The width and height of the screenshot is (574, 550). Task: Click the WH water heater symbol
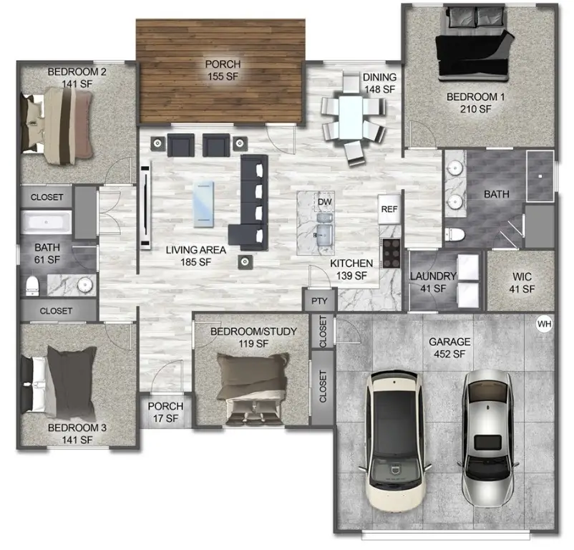[545, 324]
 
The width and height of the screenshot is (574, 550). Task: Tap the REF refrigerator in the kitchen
[389, 209]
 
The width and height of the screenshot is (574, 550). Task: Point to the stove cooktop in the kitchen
[391, 253]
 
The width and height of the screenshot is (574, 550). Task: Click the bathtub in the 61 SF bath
[45, 223]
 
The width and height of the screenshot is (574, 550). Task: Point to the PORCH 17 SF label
[165, 412]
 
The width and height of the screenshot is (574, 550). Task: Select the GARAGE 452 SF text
[448, 348]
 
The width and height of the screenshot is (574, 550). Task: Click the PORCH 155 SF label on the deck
[223, 70]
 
